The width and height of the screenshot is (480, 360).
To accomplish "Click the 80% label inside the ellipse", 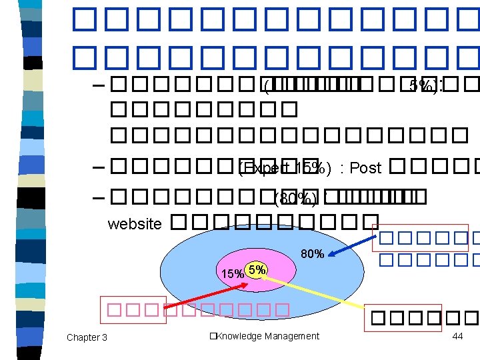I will (x=312, y=254).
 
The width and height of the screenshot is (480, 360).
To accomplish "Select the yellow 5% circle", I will (x=257, y=269).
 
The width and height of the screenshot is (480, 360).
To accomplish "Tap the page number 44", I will (x=457, y=336).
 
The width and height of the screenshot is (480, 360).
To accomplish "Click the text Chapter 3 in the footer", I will (x=87, y=337).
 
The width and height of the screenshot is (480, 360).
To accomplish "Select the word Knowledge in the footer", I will (x=237, y=336).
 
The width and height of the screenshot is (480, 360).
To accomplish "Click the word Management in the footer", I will (x=291, y=336).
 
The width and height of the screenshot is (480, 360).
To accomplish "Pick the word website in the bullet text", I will (x=135, y=224).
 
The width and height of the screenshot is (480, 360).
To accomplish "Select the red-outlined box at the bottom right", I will (x=422, y=319).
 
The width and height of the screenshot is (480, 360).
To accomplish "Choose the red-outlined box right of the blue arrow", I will (x=425, y=247).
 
